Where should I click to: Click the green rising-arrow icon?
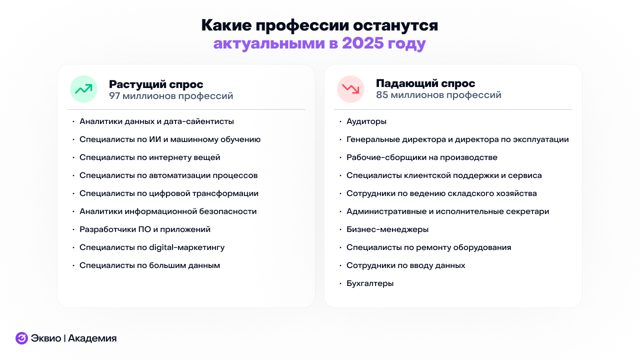coord(83,89)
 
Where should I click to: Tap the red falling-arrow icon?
coord(350,89)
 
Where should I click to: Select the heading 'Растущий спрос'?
coord(156,84)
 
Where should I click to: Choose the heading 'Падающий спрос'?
coord(425,83)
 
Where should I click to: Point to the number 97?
coord(115,95)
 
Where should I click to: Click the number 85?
coord(382,95)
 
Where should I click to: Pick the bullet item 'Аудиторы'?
coord(366,121)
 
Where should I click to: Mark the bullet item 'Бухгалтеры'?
coord(370,283)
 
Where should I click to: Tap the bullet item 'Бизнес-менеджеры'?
coord(387,229)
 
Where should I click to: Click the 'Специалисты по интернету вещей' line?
coord(150,157)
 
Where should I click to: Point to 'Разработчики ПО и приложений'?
coord(145,229)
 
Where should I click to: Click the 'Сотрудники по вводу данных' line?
coord(406,265)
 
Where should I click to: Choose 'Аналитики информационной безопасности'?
coord(168,211)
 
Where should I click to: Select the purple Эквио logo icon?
coord(21,338)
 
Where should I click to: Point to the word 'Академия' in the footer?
coord(92,338)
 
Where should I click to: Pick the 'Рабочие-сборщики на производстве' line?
coord(422,157)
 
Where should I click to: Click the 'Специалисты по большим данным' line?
coord(150,265)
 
